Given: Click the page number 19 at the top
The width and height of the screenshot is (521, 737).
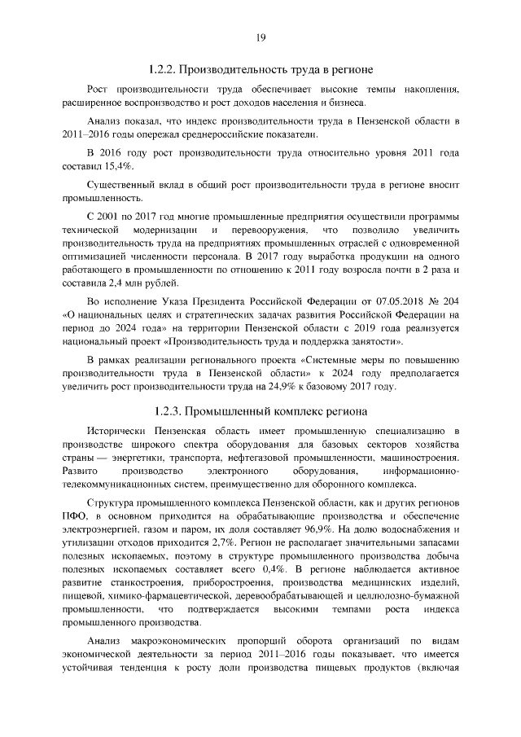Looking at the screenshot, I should point(260,37).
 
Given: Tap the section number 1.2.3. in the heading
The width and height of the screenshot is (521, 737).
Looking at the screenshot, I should point(171,410).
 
